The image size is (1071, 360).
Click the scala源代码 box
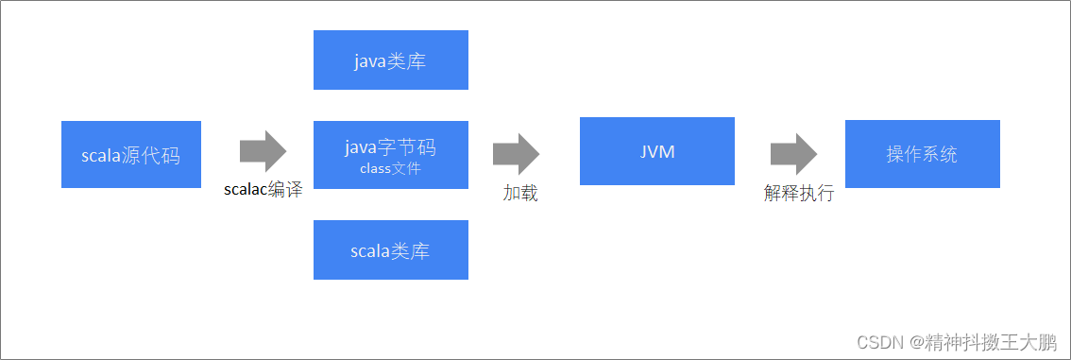(130, 154)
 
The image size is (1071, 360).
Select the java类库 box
(390, 60)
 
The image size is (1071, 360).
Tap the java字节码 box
(390, 155)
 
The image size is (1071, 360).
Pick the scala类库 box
(390, 249)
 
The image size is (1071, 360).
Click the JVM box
(656, 151)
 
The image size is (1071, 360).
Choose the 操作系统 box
(922, 153)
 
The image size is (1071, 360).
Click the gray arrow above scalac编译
(263, 151)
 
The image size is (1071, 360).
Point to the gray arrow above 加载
(516, 153)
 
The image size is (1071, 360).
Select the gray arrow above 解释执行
(793, 153)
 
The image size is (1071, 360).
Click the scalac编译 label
(263, 189)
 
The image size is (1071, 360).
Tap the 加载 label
(520, 193)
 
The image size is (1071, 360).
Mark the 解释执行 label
(799, 193)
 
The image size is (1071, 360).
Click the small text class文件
(390, 169)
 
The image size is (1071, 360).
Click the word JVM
(656, 151)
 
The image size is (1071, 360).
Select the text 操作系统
(922, 154)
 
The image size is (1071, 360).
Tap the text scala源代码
(130, 156)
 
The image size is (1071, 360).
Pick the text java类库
(390, 62)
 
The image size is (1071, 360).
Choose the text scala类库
(390, 251)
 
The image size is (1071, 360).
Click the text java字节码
(390, 147)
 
